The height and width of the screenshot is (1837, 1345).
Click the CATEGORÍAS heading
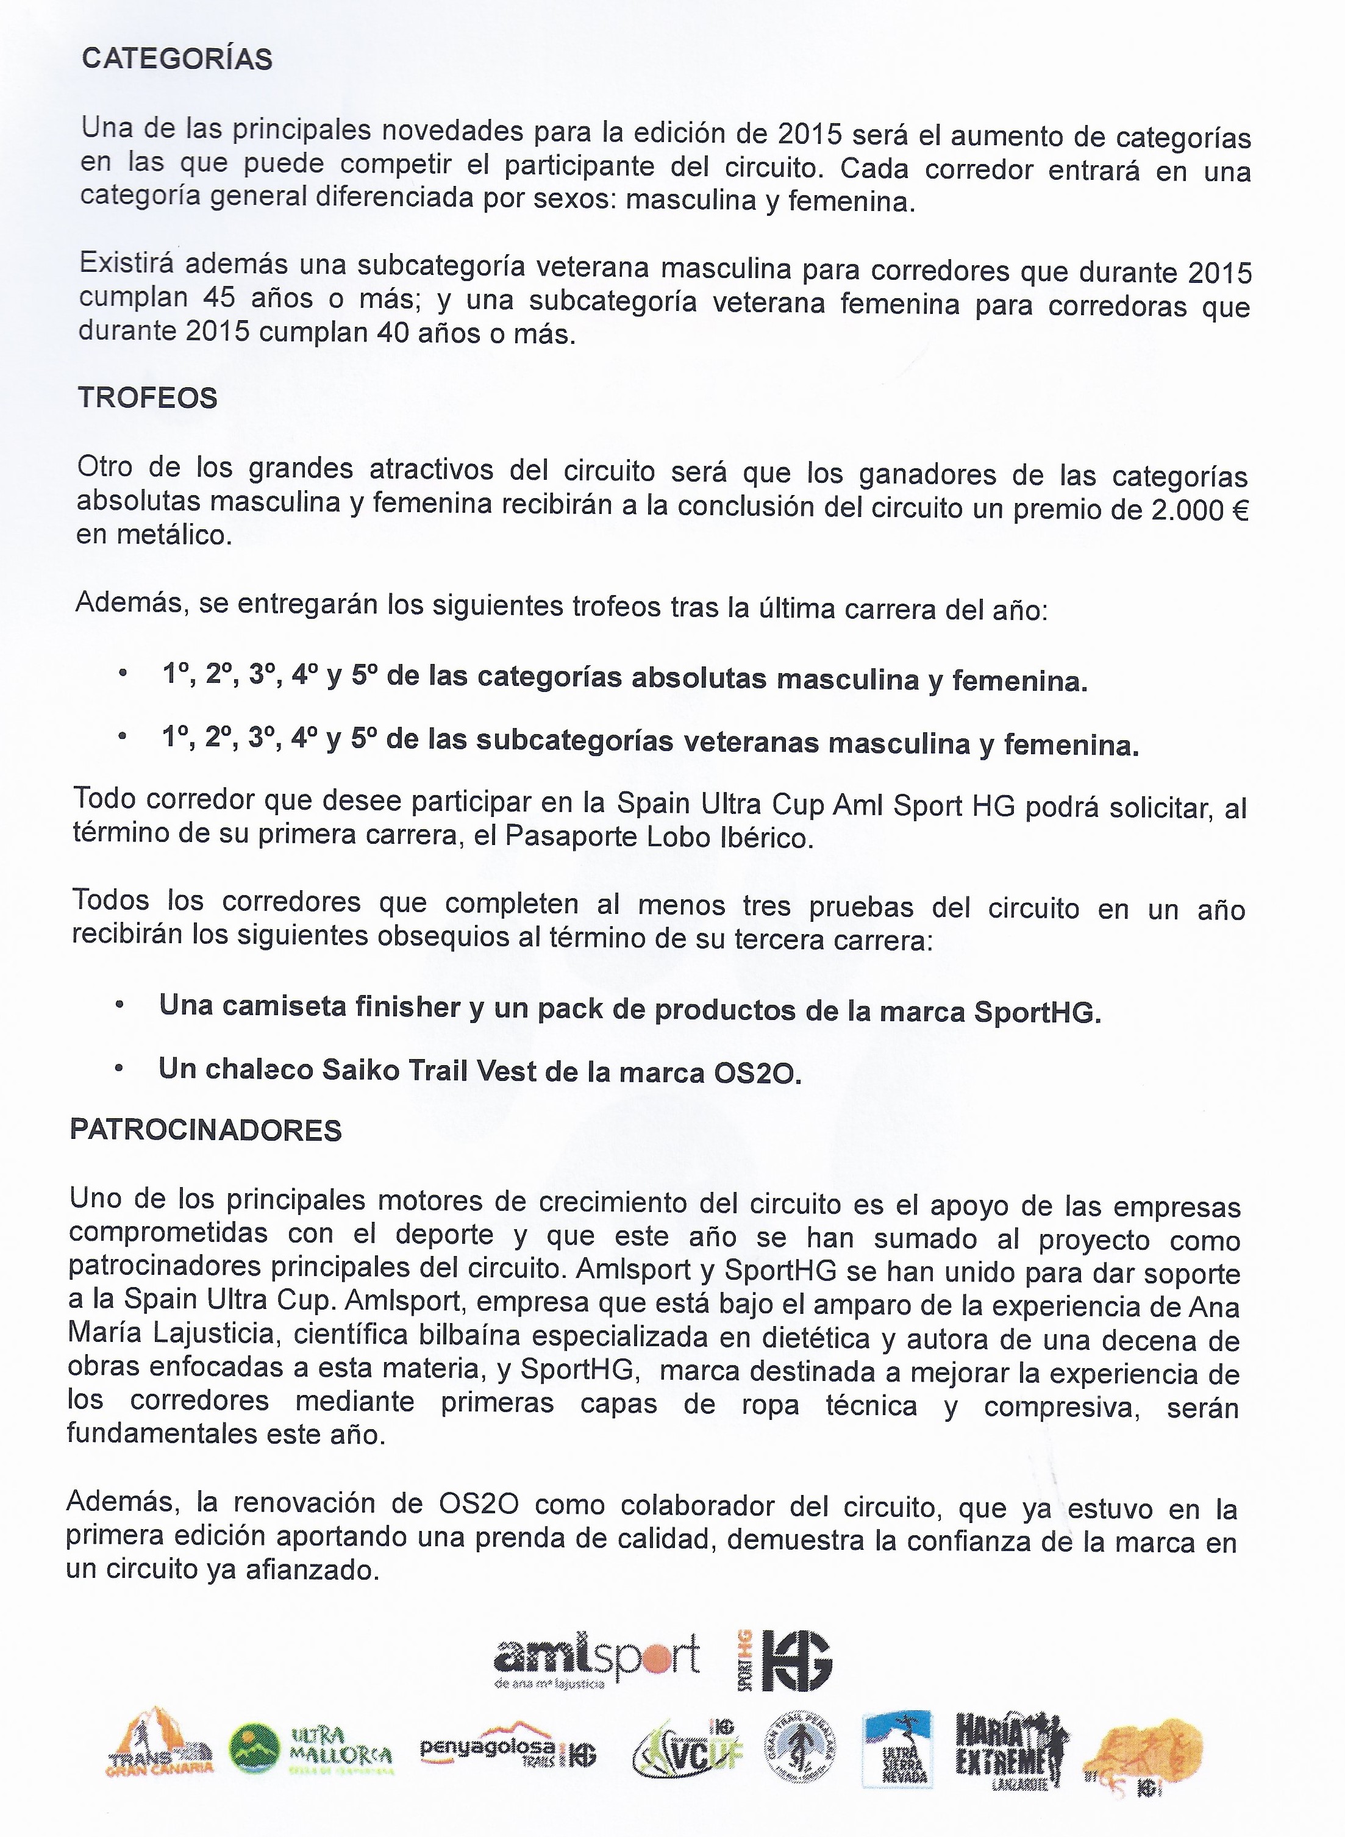[x=177, y=59]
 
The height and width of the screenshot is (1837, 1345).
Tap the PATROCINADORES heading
[x=205, y=1130]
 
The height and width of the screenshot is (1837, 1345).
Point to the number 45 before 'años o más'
[x=219, y=298]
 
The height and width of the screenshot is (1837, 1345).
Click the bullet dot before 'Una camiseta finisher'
[x=120, y=1005]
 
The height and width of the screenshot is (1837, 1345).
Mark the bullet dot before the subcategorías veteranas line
[x=122, y=737]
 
